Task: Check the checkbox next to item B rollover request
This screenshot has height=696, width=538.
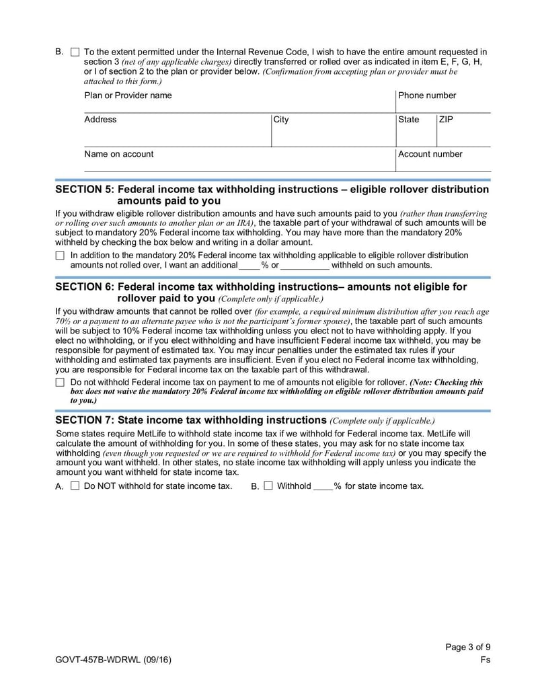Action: click(75, 52)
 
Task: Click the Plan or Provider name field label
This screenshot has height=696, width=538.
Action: click(128, 95)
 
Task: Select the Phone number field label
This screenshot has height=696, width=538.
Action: click(427, 95)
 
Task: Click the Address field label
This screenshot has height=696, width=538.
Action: click(100, 120)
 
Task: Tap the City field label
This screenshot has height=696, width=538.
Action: click(281, 120)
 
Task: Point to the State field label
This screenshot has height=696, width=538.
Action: click(408, 120)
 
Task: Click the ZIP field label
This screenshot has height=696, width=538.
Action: click(446, 120)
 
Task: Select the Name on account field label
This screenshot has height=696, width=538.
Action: click(118, 154)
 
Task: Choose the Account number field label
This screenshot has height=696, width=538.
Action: click(430, 154)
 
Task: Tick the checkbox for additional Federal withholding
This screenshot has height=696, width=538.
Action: click(60, 256)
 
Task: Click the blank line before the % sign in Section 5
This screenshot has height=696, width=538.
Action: click(249, 266)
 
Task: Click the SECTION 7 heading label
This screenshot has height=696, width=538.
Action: click(190, 420)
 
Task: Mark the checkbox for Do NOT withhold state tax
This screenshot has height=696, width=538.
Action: click(75, 486)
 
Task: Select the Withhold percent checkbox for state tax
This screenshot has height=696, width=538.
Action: click(268, 486)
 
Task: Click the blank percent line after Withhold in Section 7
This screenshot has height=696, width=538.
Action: click(323, 486)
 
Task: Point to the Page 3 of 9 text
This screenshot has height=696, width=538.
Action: click(468, 648)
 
